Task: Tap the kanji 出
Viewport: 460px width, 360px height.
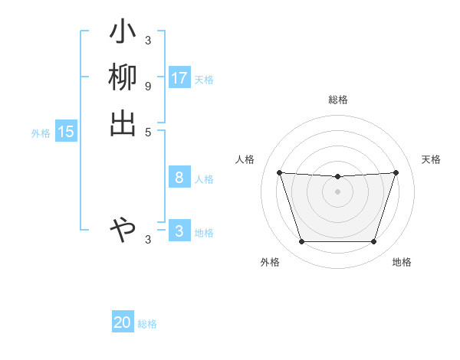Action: coord(123,123)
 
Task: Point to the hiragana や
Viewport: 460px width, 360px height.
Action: coord(123,228)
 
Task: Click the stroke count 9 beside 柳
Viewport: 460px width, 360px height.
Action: coord(147,86)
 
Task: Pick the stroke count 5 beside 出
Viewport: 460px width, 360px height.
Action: coord(147,131)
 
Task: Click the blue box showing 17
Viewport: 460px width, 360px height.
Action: coord(179,78)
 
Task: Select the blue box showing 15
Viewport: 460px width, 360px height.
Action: coord(66,132)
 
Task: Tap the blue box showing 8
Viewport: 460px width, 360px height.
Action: coord(179,178)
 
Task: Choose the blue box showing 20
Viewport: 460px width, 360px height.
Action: coord(123,322)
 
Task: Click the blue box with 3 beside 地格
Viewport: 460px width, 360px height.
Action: coord(179,231)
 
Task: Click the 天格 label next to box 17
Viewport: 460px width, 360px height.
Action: coord(204,80)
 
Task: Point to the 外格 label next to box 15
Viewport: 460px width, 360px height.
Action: coord(41,133)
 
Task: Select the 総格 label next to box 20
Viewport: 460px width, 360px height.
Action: coord(147,324)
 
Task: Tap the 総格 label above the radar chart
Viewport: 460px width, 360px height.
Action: coord(337,100)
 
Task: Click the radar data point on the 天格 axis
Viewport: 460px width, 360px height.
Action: coord(396,172)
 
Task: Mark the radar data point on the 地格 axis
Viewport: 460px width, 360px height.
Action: coord(373,241)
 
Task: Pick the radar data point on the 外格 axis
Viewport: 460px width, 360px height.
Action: coord(301,241)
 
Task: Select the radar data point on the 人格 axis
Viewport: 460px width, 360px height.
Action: coord(279,172)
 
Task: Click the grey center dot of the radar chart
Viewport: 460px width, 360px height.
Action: coord(337,191)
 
